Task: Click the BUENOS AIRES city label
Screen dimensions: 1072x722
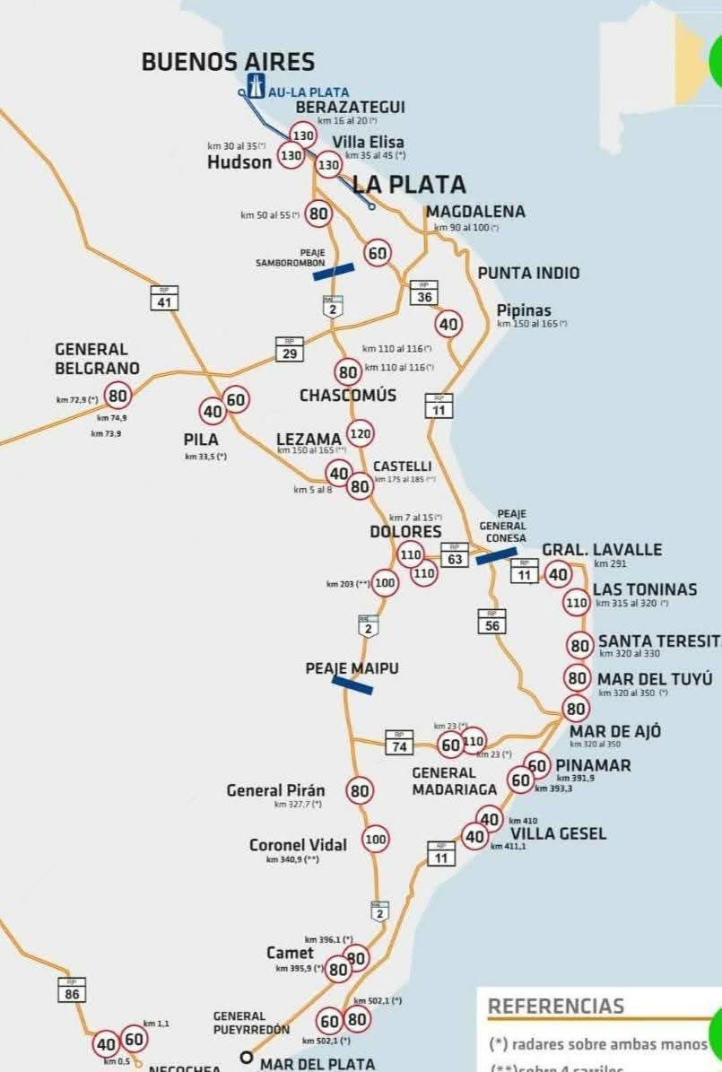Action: tap(228, 62)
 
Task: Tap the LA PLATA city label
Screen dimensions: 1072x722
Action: tap(409, 185)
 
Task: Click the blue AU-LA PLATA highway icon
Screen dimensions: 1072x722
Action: tap(257, 87)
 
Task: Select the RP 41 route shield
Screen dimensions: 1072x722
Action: tap(163, 298)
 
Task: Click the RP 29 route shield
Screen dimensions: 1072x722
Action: tap(289, 349)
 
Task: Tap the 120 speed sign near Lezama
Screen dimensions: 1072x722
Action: tap(360, 434)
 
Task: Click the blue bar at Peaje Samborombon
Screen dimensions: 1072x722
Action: tap(334, 271)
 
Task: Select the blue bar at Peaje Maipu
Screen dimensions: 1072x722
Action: tap(352, 685)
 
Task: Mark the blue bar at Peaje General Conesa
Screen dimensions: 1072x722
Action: tap(496, 556)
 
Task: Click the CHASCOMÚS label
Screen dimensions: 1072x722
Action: tap(348, 396)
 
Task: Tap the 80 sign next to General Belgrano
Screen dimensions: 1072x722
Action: tap(117, 394)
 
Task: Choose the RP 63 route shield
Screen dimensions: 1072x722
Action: tap(454, 554)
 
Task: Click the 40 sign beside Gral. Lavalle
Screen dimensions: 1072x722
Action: tap(558, 574)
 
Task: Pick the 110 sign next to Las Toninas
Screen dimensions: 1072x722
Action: tap(576, 603)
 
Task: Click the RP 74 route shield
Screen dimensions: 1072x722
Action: tap(399, 742)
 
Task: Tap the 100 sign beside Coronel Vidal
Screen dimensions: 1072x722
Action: tap(376, 840)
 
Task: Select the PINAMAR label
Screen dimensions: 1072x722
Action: tap(593, 765)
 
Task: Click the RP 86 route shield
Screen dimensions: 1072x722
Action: tap(72, 989)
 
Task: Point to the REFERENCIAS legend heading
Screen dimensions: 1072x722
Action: tap(555, 1006)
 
